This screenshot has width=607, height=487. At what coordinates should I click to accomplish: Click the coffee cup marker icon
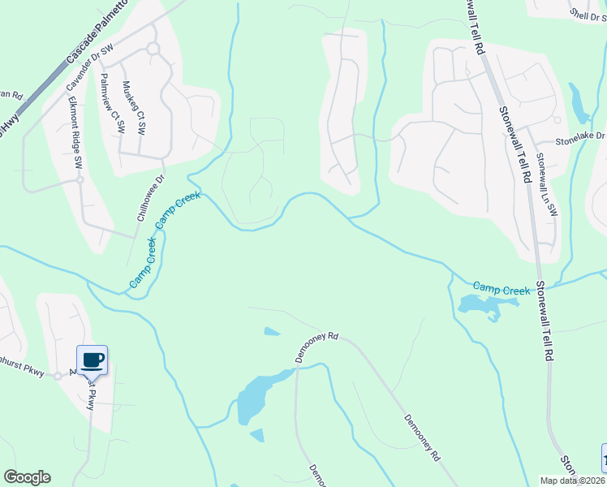(x=92, y=360)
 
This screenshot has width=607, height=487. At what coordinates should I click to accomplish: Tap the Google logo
(x=27, y=477)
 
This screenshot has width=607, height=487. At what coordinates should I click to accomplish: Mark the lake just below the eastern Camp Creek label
(x=483, y=305)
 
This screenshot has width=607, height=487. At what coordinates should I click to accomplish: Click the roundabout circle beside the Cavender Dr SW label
(x=152, y=50)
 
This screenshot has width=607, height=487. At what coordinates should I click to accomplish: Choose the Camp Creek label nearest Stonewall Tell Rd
(x=501, y=288)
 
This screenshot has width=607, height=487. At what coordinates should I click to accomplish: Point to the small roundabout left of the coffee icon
(x=58, y=376)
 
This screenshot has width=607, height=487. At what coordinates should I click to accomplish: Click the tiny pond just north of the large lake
(x=272, y=331)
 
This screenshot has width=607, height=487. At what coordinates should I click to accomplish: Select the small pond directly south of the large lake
(x=257, y=436)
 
